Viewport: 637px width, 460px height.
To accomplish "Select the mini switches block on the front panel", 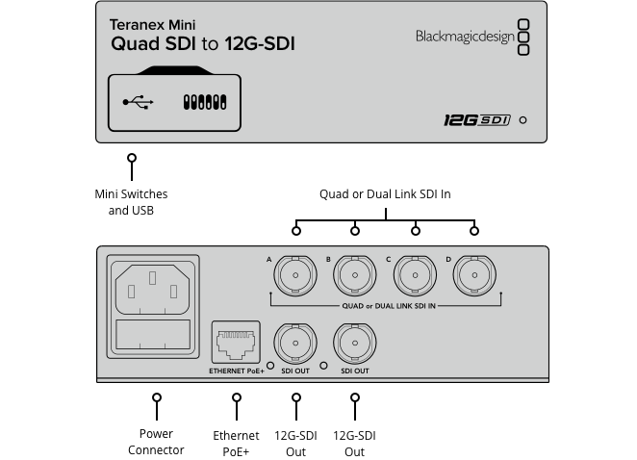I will click(204, 101).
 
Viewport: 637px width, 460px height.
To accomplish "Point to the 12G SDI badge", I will click(475, 120).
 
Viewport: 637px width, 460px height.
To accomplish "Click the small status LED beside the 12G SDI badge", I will click(522, 121).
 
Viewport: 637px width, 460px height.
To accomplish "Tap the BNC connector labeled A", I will click(295, 276).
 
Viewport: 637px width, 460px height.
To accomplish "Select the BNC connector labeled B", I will click(355, 276).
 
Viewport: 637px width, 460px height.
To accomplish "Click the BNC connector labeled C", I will click(416, 276).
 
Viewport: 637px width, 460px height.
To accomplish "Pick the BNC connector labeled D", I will click(474, 276).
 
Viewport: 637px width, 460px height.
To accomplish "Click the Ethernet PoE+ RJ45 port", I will click(235, 342).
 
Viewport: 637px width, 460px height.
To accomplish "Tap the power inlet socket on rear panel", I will click(154, 284).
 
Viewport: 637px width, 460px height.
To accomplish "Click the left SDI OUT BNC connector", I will click(295, 342).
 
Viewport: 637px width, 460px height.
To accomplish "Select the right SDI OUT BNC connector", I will click(355, 342).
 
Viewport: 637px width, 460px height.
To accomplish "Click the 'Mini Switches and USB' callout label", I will click(131, 202).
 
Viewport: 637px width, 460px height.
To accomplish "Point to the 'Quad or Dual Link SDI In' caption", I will click(385, 194).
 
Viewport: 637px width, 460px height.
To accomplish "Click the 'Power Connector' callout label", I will click(156, 442).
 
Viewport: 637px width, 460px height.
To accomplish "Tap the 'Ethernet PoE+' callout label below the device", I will click(236, 443).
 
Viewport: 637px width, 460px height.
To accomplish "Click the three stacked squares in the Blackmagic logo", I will click(523, 37).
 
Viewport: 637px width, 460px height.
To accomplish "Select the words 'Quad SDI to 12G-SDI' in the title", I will click(203, 44).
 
